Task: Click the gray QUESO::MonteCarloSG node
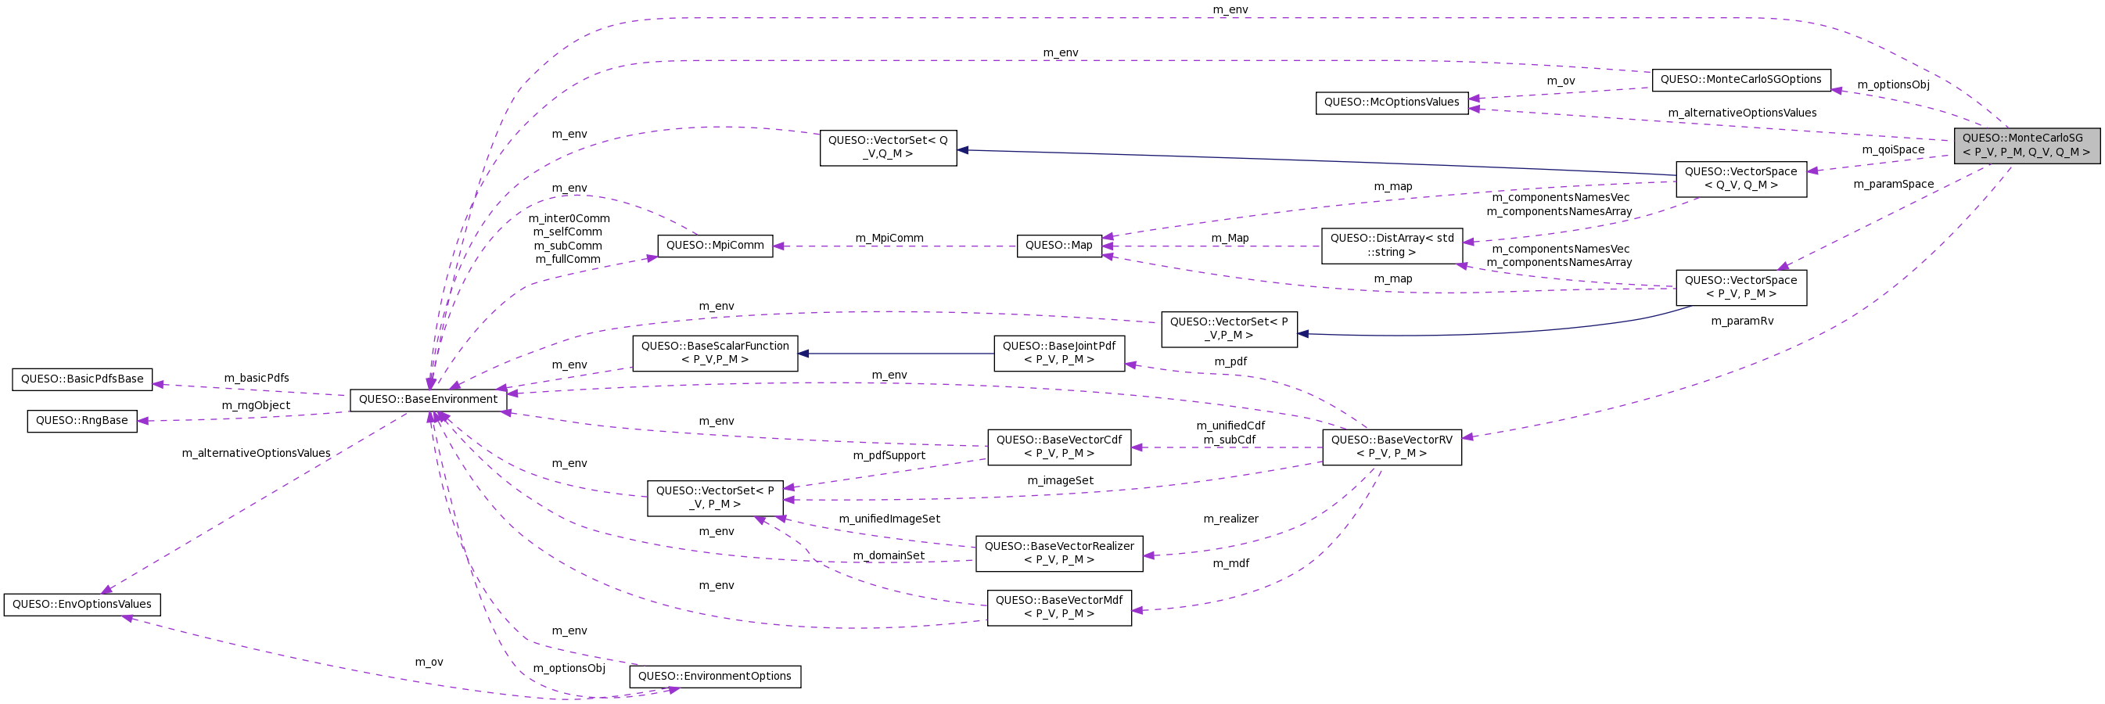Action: [2026, 145]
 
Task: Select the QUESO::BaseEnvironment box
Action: [427, 400]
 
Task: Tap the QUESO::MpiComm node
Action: [714, 245]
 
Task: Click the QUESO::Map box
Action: [1058, 245]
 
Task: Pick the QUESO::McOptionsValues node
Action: [1391, 102]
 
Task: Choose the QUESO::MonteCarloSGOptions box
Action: [1740, 79]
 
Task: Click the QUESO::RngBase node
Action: [81, 421]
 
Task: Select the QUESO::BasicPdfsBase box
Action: [81, 379]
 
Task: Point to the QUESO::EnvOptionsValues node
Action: [81, 605]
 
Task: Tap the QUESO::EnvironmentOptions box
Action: [714, 677]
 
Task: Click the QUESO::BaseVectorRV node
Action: [1391, 447]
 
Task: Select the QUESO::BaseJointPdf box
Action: [1058, 353]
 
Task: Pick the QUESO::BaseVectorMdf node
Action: [1058, 607]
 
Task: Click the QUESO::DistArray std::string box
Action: [1391, 245]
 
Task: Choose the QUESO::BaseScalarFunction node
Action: [714, 353]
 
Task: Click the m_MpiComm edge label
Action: [889, 239]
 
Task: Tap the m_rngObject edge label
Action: [256, 406]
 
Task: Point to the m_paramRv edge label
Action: [1742, 321]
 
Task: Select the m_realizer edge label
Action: [1230, 519]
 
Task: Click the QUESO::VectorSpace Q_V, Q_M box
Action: [1740, 178]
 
